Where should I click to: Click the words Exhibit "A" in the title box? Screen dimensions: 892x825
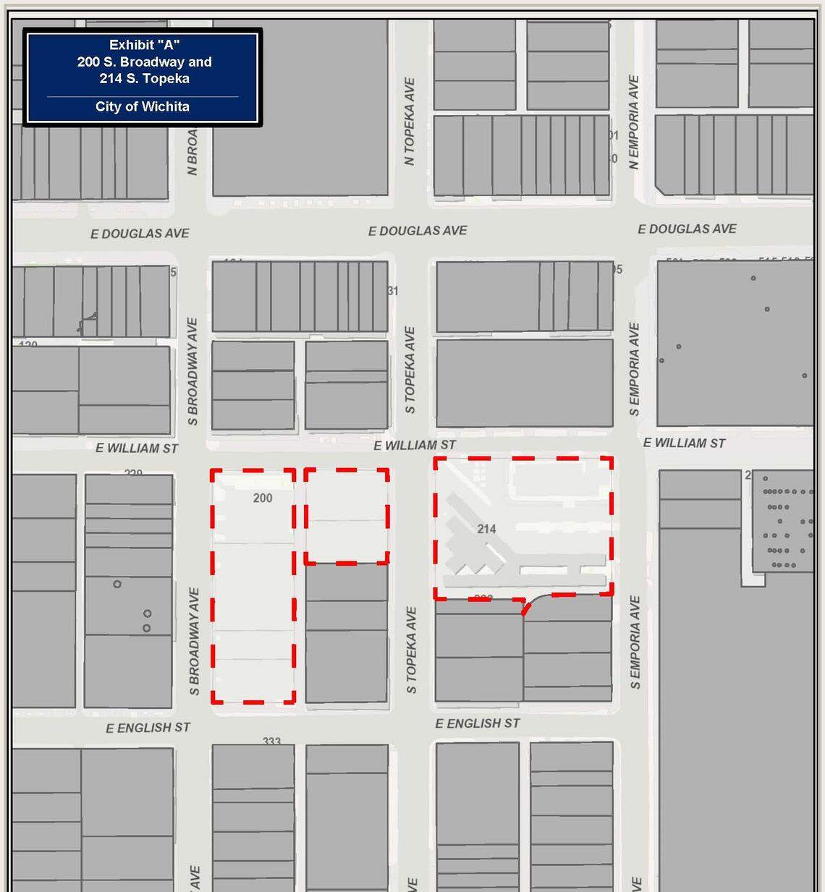[x=144, y=45]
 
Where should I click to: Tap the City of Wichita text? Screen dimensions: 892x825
[x=143, y=106]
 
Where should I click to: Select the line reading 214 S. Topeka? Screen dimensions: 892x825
[x=144, y=79]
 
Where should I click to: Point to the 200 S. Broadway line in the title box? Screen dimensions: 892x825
[x=144, y=62]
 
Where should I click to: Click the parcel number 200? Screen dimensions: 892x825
[x=263, y=498]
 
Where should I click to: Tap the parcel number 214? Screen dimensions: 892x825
[x=486, y=529]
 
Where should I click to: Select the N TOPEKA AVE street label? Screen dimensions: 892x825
[x=410, y=122]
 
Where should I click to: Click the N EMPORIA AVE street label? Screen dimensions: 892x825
[x=634, y=122]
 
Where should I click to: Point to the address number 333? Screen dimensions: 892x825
[x=271, y=742]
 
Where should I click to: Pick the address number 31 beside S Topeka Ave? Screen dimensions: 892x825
[x=392, y=291]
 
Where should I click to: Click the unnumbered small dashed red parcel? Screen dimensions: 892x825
[x=346, y=516]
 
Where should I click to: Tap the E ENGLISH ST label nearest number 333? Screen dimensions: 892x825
[x=148, y=727]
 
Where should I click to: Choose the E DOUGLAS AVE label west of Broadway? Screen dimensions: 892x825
[x=140, y=234]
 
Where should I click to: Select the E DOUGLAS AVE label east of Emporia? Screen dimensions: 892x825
[x=687, y=229]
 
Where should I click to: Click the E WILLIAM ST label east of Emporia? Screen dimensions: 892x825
[x=684, y=443]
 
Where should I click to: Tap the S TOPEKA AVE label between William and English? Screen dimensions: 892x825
[x=411, y=650]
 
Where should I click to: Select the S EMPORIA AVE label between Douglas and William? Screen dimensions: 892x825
[x=635, y=369]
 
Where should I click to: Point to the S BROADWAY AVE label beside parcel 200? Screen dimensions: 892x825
[x=194, y=641]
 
